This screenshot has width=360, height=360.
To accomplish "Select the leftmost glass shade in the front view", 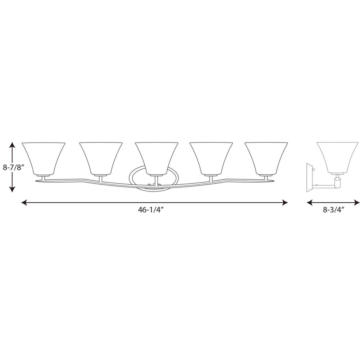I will click(44, 157).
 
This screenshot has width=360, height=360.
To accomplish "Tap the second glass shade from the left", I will click(100, 157).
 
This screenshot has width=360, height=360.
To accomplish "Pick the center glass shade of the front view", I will click(156, 157).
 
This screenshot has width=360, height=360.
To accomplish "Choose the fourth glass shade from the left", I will click(211, 157).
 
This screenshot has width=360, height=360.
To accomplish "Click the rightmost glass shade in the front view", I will click(266, 157).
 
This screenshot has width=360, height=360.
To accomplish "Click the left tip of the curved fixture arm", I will click(37, 180).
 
